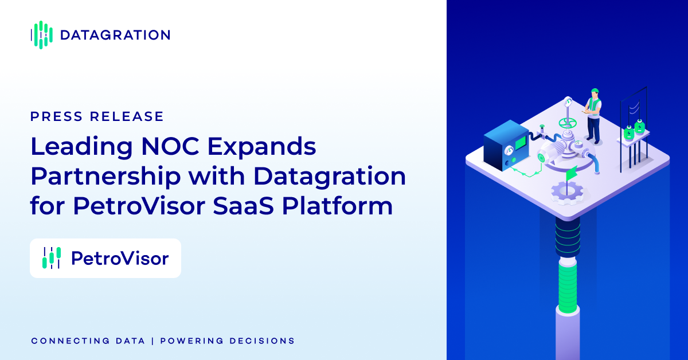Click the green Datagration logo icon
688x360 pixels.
[42, 35]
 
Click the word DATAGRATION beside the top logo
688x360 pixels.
[115, 35]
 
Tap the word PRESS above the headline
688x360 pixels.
[57, 116]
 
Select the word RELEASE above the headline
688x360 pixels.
[127, 116]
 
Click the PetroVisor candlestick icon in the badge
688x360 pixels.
[52, 258]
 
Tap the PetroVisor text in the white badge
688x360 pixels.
[120, 259]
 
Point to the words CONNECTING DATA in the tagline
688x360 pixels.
[88, 341]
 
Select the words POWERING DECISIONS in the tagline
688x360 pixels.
[228, 341]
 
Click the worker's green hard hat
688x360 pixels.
[595, 91]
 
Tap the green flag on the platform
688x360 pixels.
[572, 174]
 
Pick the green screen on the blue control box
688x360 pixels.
[521, 143]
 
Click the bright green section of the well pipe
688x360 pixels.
[568, 289]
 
